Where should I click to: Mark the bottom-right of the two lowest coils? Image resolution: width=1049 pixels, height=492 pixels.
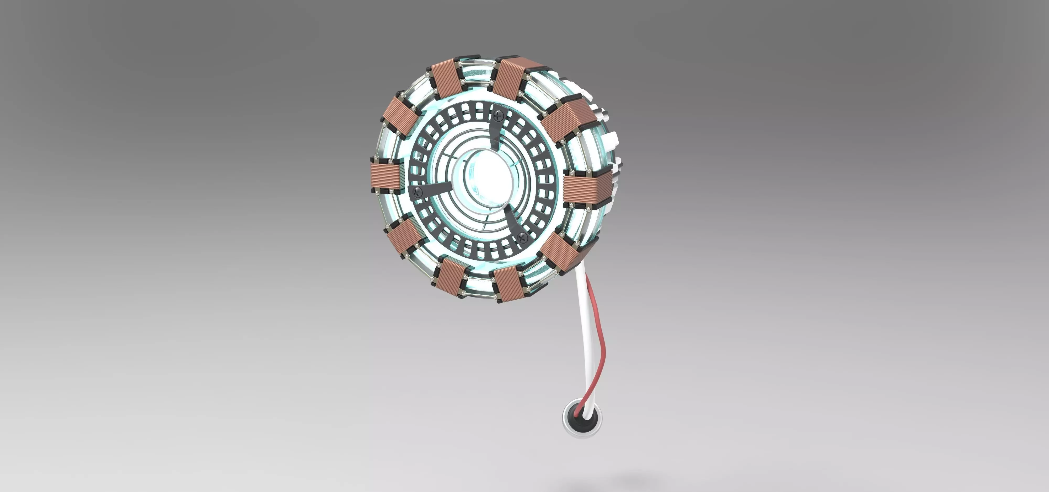(508, 284)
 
